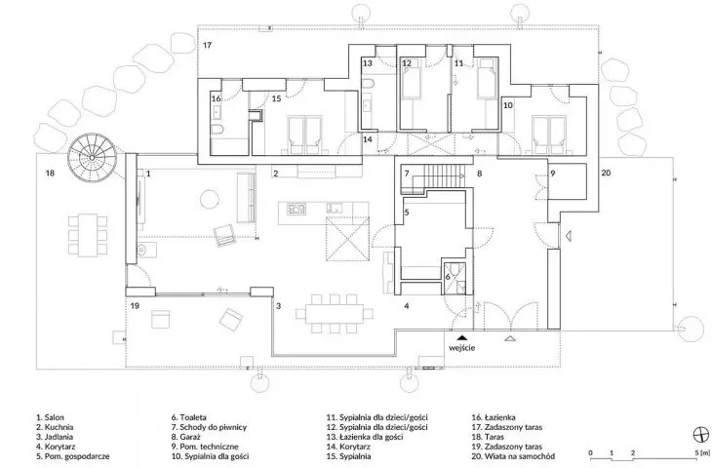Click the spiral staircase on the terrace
click(x=93, y=157)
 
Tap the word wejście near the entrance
click(x=462, y=348)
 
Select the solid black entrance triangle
click(x=461, y=337)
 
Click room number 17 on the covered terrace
click(x=207, y=46)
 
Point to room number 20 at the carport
click(x=607, y=173)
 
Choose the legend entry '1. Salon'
click(x=51, y=417)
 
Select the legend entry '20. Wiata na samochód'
click(x=513, y=456)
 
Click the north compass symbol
click(x=701, y=435)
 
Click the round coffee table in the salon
click(x=210, y=199)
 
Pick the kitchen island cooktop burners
click(x=297, y=209)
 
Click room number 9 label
click(x=553, y=174)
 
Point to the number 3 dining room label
click(x=278, y=306)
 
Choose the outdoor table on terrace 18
click(x=88, y=235)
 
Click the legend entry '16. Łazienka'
click(x=494, y=417)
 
